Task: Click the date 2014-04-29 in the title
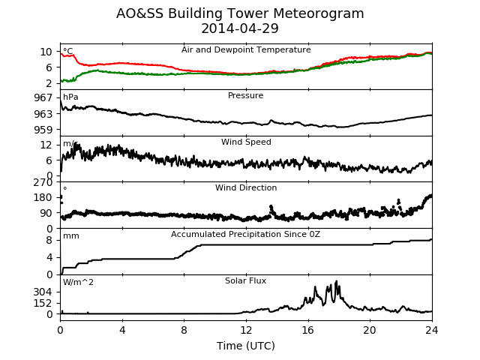240,28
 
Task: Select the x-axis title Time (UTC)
246,346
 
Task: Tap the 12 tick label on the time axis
246,330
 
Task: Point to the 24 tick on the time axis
432,330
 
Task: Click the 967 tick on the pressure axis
43,97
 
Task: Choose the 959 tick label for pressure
43,130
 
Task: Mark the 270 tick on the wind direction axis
43,182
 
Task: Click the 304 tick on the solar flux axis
43,292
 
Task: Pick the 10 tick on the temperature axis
46,52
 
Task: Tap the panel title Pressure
245,95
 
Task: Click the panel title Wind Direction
246,187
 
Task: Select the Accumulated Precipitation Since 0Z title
245,234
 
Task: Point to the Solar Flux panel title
245,280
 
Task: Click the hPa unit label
70,97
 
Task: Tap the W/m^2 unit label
78,282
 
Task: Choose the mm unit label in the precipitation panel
71,236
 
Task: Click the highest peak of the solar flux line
337,281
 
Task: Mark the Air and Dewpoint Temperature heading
246,49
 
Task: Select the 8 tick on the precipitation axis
49,240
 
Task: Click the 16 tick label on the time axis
308,330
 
